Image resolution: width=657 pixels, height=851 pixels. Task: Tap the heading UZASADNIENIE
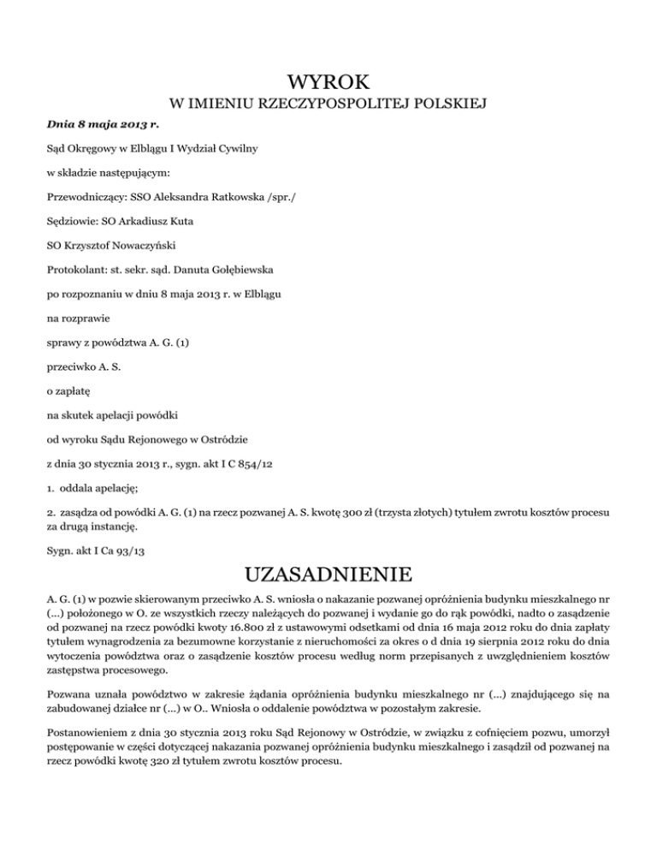tap(328, 570)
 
